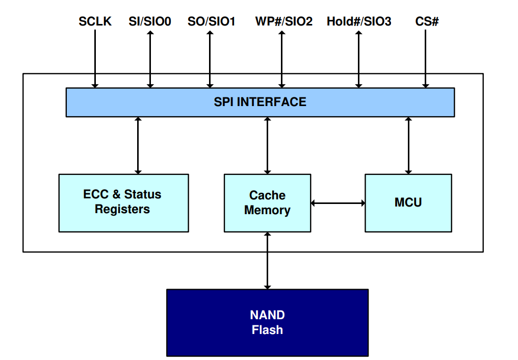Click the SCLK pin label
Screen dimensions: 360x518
coord(95,21)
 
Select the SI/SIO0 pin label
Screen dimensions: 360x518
coord(150,21)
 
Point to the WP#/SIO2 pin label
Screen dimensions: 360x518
coord(283,21)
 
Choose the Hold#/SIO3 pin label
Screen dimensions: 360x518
coord(359,21)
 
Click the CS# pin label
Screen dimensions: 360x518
coord(427,21)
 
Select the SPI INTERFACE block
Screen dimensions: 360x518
coord(260,102)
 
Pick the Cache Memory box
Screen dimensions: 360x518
coord(267,203)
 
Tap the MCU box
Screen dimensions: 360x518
coord(408,203)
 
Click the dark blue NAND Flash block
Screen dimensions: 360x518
coord(267,322)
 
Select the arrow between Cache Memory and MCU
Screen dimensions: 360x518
coord(338,203)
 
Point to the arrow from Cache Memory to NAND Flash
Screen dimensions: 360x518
coord(267,260)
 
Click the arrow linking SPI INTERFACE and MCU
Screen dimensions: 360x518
coord(408,145)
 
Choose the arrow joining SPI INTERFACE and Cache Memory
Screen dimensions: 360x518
coord(268,145)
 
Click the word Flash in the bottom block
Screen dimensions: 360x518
coord(267,330)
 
